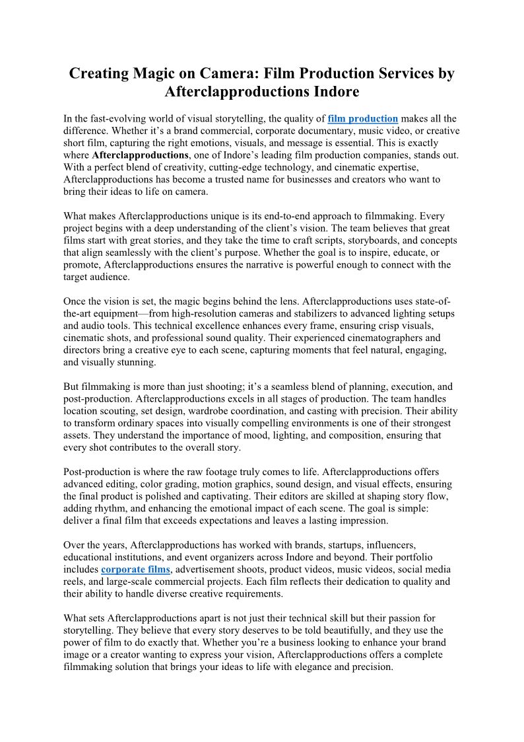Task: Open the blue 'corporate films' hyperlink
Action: [135, 569]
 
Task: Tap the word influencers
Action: [385, 545]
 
